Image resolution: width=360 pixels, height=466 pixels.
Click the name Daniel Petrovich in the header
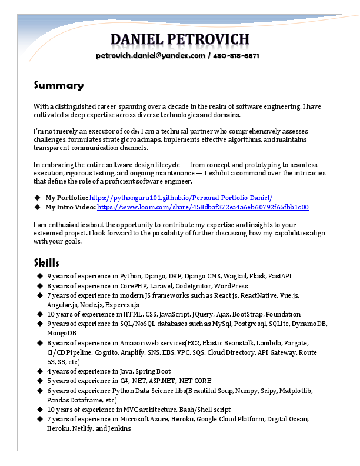click(180, 39)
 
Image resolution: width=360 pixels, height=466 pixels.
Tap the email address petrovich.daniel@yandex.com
click(150, 56)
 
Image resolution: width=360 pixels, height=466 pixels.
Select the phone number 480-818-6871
click(236, 56)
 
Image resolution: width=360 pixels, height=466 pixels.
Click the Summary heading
click(58, 85)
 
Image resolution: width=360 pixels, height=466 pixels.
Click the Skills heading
click(46, 262)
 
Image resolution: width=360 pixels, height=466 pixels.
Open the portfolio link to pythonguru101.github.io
click(181, 198)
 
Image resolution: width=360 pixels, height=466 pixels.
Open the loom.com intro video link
click(203, 207)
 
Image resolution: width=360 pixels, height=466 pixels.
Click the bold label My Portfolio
click(66, 198)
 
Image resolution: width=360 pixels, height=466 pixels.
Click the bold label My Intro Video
click(70, 207)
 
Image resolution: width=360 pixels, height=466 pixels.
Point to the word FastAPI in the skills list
click(280, 275)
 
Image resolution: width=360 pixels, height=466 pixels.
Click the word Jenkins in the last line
click(120, 428)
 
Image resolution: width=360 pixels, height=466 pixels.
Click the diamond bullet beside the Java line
click(39, 371)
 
